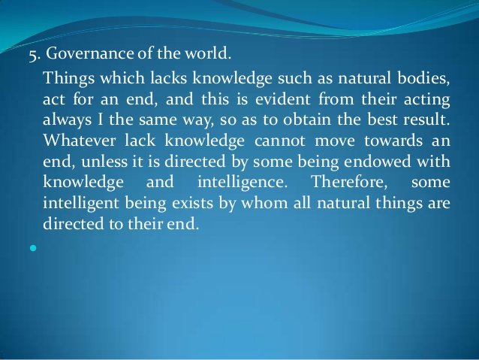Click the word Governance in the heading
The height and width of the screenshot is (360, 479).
click(90, 53)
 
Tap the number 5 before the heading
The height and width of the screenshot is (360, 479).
click(33, 55)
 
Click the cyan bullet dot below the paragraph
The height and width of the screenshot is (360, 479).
click(33, 248)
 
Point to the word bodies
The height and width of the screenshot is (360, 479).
click(423, 77)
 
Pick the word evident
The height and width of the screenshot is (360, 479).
click(282, 99)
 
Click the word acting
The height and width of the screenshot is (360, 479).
click(426, 100)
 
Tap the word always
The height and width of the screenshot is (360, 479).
click(67, 119)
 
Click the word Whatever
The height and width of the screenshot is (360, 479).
click(80, 141)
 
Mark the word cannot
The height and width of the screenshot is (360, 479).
click(279, 141)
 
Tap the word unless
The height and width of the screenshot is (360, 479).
click(104, 161)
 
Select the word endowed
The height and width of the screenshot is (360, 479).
click(378, 161)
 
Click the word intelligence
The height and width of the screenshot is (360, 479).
click(243, 183)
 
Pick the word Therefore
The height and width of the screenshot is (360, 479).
click(349, 182)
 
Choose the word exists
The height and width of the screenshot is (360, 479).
click(192, 203)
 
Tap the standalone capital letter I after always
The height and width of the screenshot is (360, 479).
click(100, 119)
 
